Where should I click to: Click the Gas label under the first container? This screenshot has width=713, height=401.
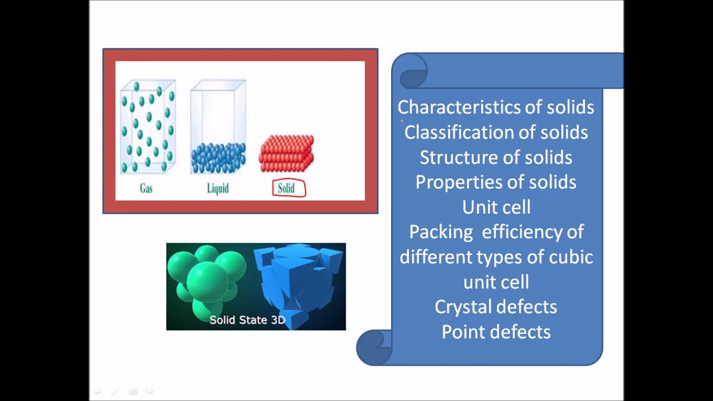[146, 189]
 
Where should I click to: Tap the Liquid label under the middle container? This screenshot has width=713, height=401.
[218, 189]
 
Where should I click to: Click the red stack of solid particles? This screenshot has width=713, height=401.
[286, 154]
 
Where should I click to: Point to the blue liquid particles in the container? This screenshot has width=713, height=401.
[218, 158]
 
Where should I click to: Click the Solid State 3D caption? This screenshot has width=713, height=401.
[247, 320]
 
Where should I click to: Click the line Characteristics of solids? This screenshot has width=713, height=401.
[496, 107]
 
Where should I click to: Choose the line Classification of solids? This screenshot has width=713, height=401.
[496, 132]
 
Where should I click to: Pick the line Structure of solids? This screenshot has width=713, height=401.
[496, 157]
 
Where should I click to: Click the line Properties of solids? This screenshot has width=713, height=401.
[496, 182]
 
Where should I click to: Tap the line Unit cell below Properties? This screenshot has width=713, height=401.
[496, 207]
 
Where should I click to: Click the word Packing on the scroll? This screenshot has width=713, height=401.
[441, 232]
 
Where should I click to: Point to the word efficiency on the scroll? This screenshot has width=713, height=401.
[523, 232]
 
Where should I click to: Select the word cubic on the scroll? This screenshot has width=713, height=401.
[571, 257]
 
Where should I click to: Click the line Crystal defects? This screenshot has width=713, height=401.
[496, 307]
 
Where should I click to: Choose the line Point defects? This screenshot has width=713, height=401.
[496, 332]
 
